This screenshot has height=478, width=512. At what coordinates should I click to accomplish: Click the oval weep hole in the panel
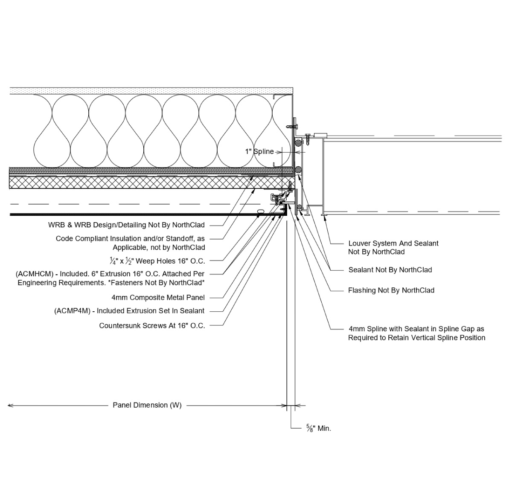point(260,211)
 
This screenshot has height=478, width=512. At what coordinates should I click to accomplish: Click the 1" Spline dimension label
point(259,152)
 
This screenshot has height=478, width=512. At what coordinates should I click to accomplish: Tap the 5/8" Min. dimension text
point(318,429)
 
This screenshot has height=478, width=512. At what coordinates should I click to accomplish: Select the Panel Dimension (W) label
point(147,405)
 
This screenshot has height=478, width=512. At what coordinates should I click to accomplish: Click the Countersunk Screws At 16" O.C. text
point(152,326)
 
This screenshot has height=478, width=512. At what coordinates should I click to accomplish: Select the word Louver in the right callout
point(360,243)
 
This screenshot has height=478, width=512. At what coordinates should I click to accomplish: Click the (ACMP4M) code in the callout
point(73,311)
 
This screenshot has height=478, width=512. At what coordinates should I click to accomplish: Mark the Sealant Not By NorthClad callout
point(390,270)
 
